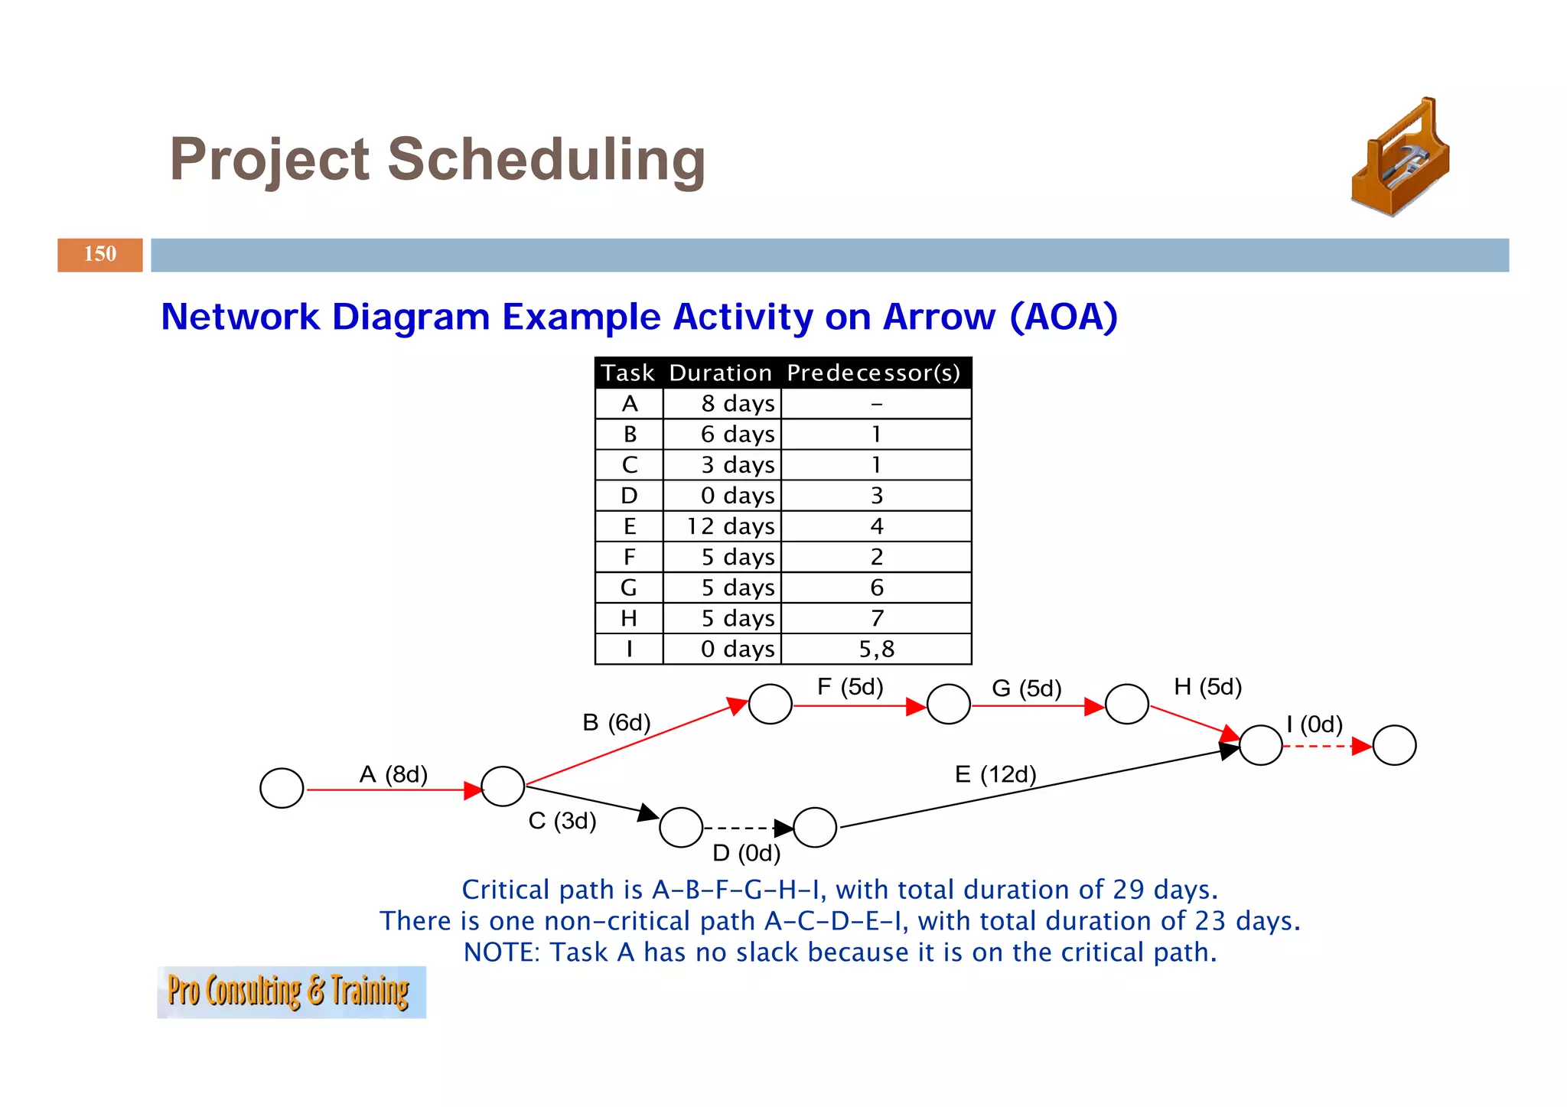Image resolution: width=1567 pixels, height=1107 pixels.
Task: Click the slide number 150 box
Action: click(99, 255)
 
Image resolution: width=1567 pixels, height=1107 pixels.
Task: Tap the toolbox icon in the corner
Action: click(1400, 158)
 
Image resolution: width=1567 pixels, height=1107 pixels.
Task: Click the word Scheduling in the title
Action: click(546, 160)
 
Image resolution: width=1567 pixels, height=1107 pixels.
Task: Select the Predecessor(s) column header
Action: click(873, 373)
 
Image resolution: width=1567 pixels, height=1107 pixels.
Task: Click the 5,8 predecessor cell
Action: click(876, 649)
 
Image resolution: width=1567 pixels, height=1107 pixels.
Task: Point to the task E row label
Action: click(629, 526)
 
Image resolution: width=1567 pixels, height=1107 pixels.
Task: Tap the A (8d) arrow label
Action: click(393, 774)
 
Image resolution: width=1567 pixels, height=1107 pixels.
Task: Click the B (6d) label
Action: click(616, 722)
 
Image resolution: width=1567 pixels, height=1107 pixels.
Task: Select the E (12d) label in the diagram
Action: click(995, 774)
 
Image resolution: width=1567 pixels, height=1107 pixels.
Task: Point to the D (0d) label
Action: click(746, 852)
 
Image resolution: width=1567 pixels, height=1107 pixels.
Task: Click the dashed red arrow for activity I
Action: click(1324, 746)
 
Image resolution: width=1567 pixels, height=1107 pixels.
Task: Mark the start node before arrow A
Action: click(282, 788)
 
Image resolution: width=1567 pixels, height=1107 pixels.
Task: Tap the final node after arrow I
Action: click(1394, 745)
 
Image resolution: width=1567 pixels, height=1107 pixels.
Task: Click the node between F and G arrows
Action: click(948, 705)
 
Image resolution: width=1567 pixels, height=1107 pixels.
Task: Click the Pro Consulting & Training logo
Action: click(291, 991)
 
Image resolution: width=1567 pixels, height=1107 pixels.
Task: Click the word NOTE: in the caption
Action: click(502, 952)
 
